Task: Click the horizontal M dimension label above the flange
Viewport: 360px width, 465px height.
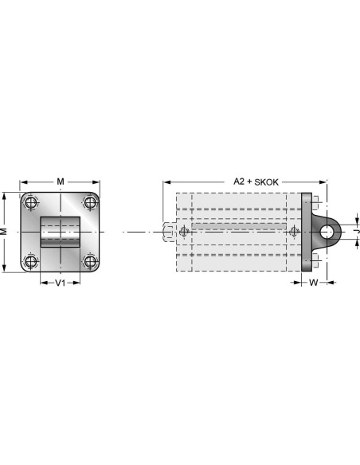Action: pos(61,182)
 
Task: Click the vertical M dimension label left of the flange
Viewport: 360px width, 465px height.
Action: pos(3,232)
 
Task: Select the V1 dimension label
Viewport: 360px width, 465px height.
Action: pos(61,283)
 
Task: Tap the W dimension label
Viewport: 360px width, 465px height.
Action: pos(314,283)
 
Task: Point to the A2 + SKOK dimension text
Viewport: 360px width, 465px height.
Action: pos(256,182)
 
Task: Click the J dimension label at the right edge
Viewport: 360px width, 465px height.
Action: pos(358,232)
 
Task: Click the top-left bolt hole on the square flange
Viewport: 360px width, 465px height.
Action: pos(30,203)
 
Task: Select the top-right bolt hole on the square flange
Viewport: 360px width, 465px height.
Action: pos(90,203)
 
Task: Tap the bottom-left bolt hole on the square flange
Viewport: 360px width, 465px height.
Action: pos(30,261)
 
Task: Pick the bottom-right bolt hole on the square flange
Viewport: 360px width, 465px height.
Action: pos(90,261)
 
